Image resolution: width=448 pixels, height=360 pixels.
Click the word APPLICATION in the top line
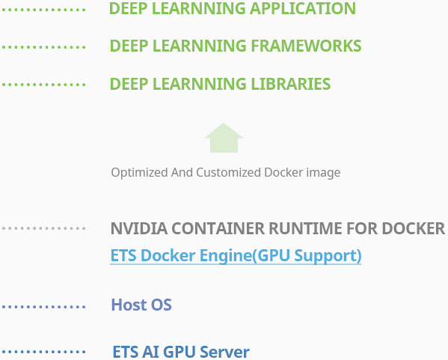point(303,8)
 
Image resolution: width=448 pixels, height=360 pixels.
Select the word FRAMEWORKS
point(306,46)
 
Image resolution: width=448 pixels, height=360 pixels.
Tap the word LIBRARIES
point(291,84)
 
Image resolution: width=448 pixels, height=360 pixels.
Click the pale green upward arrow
point(224,138)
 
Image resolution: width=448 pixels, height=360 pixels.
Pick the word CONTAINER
point(218,228)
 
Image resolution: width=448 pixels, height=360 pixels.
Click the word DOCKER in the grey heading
point(414,228)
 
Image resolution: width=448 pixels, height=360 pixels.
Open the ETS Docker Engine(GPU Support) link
point(236,255)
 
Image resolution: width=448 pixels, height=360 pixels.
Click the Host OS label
point(141,305)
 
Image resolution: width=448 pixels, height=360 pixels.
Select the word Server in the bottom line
point(224,352)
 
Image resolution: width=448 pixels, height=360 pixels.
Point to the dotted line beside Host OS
point(43,307)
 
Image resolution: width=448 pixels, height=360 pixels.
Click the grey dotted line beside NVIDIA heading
point(43,228)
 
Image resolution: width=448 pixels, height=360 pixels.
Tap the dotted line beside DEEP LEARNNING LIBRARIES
point(43,85)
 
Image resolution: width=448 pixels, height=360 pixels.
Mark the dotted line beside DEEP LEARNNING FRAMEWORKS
point(43,47)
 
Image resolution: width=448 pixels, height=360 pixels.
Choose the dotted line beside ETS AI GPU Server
point(43,352)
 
